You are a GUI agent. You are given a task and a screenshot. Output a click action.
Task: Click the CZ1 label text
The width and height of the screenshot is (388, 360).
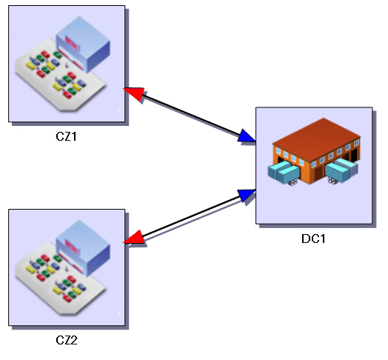(66, 136)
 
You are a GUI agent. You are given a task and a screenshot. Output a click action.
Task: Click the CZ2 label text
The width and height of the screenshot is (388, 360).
(67, 340)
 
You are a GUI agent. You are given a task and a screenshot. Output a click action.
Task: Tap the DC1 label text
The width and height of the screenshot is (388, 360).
(313, 239)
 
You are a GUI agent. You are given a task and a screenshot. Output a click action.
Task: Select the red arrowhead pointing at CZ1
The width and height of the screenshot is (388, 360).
(134, 93)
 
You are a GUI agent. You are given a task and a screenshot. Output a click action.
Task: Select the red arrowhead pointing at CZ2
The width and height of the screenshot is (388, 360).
(134, 237)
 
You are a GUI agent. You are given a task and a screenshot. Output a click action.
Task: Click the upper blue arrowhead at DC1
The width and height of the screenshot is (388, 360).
(246, 136)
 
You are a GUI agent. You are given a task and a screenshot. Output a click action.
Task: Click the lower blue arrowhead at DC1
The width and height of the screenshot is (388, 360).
(247, 195)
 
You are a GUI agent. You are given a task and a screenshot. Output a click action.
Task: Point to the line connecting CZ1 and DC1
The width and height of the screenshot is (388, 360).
(190, 116)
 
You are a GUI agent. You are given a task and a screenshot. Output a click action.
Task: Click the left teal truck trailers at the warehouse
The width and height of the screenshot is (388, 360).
(284, 172)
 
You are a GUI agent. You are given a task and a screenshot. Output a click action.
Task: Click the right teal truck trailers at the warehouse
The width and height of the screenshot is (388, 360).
(341, 170)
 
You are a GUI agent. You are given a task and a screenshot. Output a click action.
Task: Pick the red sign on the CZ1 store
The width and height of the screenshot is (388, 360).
(73, 44)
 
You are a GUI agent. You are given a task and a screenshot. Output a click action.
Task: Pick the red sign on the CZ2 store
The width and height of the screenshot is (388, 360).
(73, 247)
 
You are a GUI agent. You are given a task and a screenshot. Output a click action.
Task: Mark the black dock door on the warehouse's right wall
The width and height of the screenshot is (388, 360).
(355, 154)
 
